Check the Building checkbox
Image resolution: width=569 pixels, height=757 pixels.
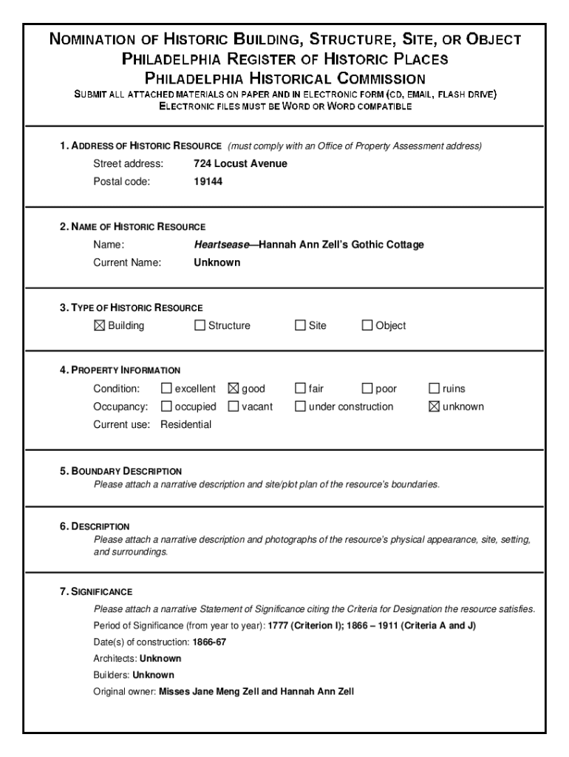pyautogui.click(x=100, y=325)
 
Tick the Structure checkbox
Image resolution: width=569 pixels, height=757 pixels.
pyautogui.click(x=200, y=325)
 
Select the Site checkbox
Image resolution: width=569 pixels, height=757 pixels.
pyautogui.click(x=301, y=325)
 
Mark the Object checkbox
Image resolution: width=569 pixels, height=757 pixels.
pyautogui.click(x=367, y=325)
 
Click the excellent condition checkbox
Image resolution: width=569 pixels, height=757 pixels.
pyautogui.click(x=166, y=389)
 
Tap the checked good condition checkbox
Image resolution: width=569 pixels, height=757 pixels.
pyautogui.click(x=234, y=389)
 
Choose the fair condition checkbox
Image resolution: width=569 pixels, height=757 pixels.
pyautogui.click(x=301, y=389)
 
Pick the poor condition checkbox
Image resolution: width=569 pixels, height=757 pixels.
pyautogui.click(x=367, y=389)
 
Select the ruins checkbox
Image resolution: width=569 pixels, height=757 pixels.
pyautogui.click(x=435, y=389)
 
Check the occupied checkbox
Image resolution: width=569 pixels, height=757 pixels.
pyautogui.click(x=166, y=407)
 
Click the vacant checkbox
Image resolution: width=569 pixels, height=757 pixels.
pyautogui.click(x=234, y=407)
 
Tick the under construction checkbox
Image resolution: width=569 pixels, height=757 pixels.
pyautogui.click(x=301, y=407)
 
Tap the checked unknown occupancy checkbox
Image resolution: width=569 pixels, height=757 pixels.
pyautogui.click(x=435, y=407)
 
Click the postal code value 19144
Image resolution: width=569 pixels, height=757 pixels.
pyautogui.click(x=208, y=182)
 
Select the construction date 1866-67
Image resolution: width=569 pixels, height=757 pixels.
pyautogui.click(x=210, y=642)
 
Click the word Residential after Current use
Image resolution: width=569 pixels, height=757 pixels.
pyautogui.click(x=185, y=424)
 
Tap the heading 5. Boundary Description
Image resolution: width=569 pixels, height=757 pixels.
pyautogui.click(x=121, y=471)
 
